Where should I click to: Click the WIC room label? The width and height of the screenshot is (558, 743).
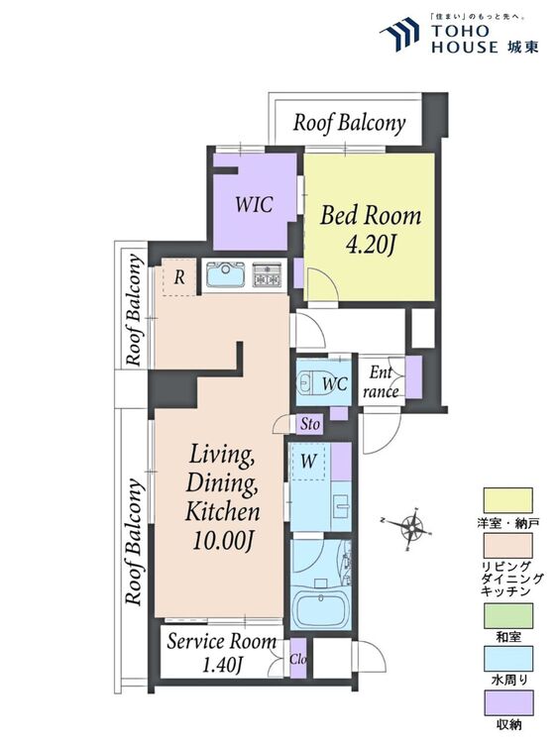coord(254,205)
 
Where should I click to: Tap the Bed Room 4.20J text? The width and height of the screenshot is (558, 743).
coord(371,230)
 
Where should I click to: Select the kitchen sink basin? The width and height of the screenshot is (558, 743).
coord(226,274)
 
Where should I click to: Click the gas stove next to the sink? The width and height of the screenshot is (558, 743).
coord(268,274)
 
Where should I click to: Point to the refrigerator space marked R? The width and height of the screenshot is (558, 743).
coord(178,277)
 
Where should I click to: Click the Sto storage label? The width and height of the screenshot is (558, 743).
coord(310,424)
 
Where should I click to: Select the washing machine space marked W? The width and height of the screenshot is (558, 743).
coord(308,461)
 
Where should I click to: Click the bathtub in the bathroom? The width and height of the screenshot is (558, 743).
coord(321,609)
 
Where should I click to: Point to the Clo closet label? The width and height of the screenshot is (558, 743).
coord(298,659)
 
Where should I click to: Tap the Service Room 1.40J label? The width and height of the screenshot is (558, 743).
coord(221,654)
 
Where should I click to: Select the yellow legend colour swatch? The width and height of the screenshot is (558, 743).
coord(507,501)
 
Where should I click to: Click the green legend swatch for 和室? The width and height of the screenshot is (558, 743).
coord(507,615)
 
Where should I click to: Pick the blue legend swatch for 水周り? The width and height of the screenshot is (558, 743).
coord(507,659)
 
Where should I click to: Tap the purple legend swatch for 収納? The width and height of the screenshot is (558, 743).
coord(507,702)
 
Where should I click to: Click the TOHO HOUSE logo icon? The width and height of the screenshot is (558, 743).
coord(399,34)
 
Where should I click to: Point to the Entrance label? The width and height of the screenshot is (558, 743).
coord(383,382)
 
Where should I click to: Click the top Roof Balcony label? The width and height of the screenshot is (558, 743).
coord(350,123)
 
